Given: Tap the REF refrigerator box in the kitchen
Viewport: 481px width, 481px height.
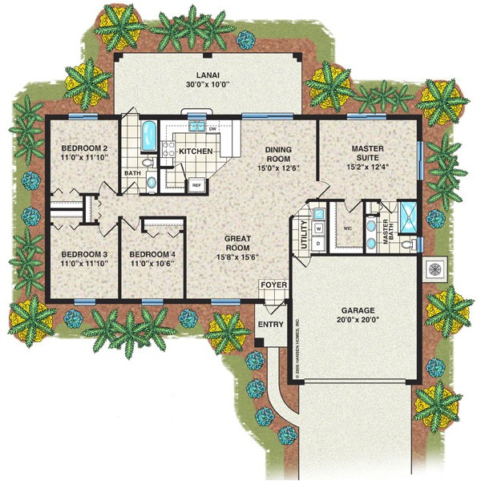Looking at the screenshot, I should click(196, 184).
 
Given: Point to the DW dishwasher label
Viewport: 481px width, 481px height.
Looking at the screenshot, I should click(212, 129).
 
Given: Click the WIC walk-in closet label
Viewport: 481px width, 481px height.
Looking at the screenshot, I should click(348, 228).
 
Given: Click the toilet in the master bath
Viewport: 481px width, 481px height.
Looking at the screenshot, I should click(408, 243).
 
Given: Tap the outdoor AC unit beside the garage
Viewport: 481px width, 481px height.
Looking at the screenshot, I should click(435, 269).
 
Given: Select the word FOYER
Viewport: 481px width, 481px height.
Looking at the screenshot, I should click(270, 285).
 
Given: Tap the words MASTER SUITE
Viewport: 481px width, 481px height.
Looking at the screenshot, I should click(370, 155).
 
